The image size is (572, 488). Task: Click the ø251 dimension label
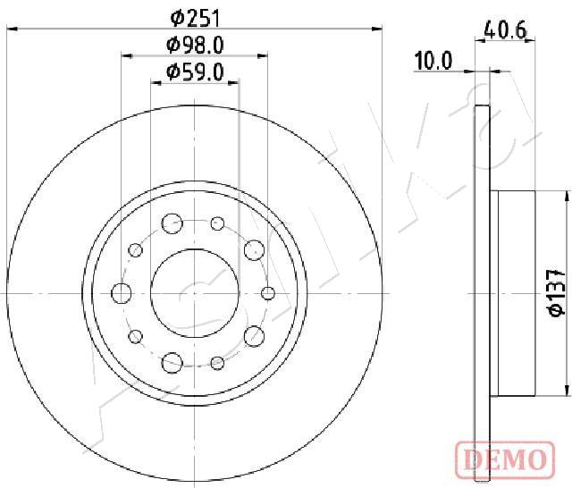pos(195,19)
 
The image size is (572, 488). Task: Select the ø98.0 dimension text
pos(195,46)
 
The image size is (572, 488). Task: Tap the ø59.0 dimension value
pos(195,72)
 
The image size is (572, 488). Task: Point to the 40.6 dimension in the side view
pos(505,29)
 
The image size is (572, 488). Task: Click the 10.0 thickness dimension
pos(433,61)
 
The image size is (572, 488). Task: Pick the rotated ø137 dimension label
pos(557,293)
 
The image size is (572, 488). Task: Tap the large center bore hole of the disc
pos(195,293)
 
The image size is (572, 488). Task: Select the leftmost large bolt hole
pos(122,293)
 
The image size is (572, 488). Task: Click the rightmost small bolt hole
pos(268,293)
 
